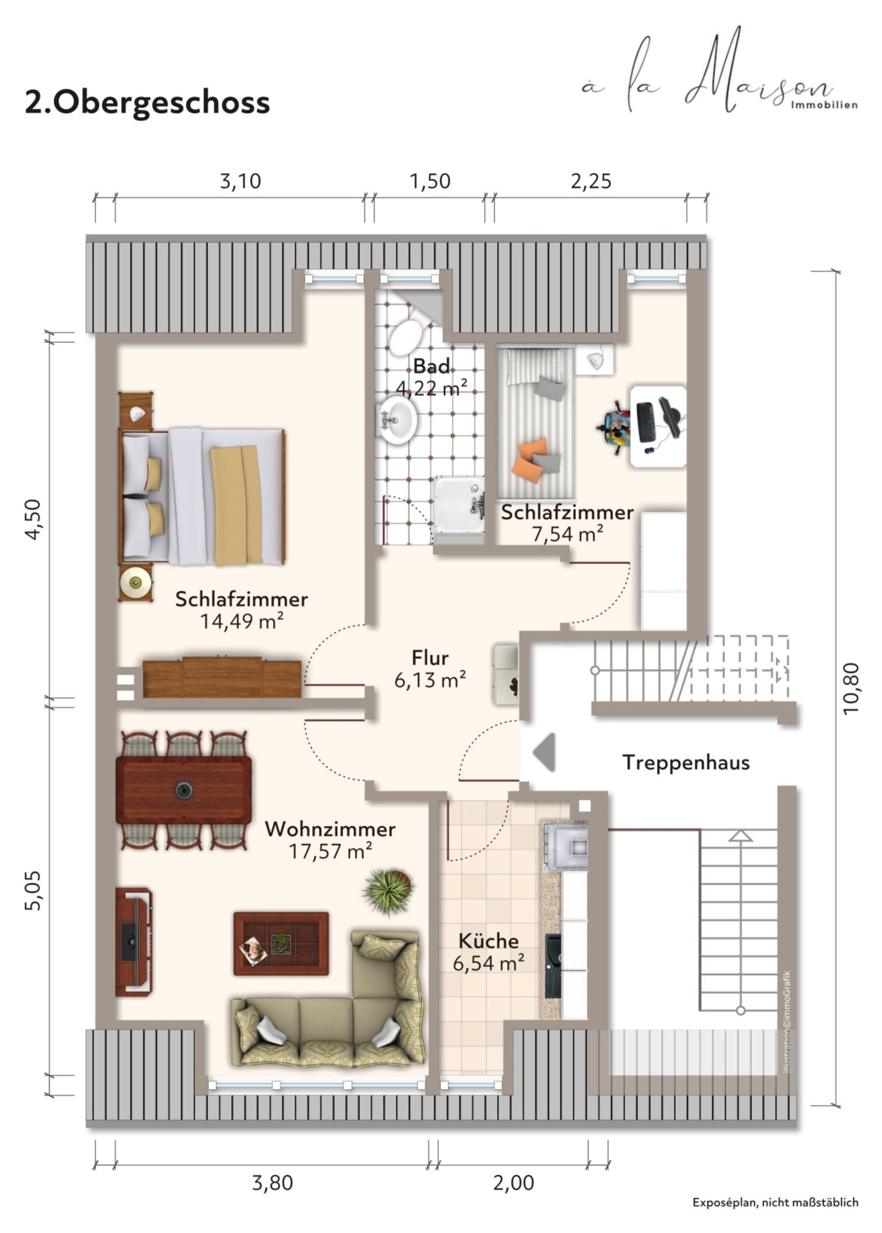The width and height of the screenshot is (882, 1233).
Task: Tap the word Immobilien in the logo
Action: coord(824,105)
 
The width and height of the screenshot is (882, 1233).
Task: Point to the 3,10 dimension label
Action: coord(240,181)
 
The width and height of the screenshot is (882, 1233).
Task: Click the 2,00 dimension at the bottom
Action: coord(513,1182)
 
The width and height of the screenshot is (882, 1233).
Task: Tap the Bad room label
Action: coord(431,367)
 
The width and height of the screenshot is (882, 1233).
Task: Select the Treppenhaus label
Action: coord(685,762)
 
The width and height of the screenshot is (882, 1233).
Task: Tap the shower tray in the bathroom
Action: coord(458,505)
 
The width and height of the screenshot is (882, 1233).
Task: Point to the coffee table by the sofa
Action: coord(281,944)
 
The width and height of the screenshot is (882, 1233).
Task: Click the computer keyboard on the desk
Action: coord(646,421)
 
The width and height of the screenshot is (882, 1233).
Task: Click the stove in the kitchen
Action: coord(565,847)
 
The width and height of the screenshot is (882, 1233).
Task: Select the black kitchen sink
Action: coord(553,966)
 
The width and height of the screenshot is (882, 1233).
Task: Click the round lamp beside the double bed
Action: coord(135,583)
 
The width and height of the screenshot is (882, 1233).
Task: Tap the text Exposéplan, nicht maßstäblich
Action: coord(775,1203)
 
